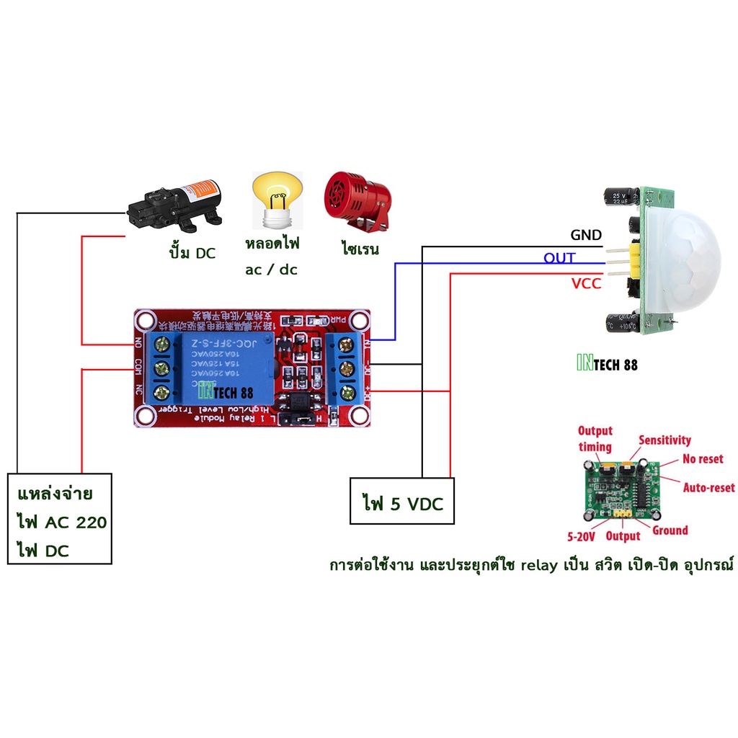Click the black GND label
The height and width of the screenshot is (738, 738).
tap(585, 235)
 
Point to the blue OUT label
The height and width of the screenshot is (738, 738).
tap(559, 258)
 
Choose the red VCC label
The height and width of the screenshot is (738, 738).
tap(586, 284)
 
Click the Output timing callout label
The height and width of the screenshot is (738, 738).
tap(595, 438)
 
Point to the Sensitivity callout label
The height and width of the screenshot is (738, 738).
tap(664, 440)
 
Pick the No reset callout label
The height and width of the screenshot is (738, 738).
tap(702, 459)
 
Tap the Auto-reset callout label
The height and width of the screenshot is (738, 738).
tap(708, 488)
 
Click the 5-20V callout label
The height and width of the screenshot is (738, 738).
tap(580, 536)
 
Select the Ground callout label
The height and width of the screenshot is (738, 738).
tap(670, 530)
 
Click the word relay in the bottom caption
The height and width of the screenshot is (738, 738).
tap(540, 565)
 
